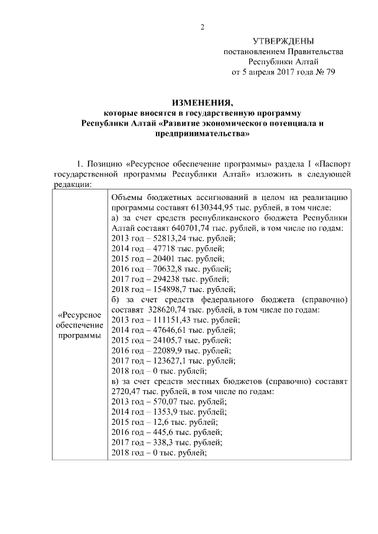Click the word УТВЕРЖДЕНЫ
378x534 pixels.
point(283,41)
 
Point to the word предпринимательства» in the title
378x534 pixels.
point(201,134)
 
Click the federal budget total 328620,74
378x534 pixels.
point(164,310)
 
